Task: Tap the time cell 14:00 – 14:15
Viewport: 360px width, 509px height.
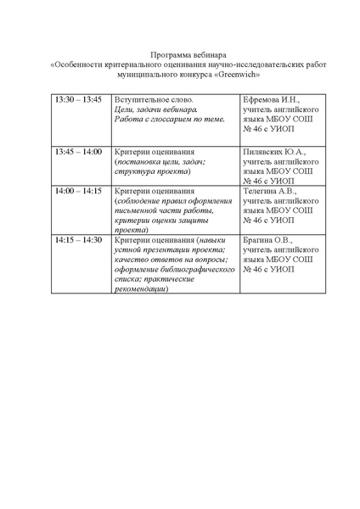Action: [x=78, y=192]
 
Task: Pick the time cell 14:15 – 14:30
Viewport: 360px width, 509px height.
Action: [x=78, y=240]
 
